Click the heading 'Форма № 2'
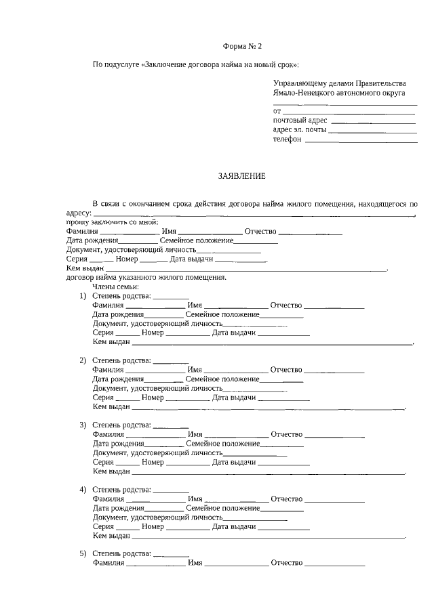tap(242, 46)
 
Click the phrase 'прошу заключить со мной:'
tap(112, 222)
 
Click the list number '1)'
tap(83, 296)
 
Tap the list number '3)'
tap(83, 425)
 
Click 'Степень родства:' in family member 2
tap(121, 360)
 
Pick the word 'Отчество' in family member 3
tap(286, 434)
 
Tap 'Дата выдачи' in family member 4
tap(233, 526)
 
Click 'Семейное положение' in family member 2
tap(222, 379)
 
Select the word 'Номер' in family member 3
tap(153, 462)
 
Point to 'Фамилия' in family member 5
tap(108, 564)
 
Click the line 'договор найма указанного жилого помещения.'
tap(146, 278)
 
